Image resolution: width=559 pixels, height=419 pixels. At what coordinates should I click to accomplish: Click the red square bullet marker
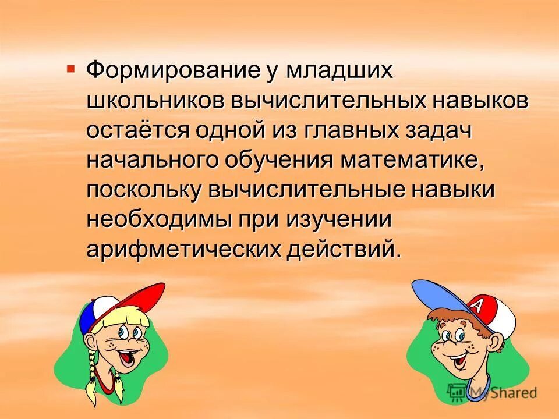71,69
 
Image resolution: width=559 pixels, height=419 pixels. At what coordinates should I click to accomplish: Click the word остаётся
138,131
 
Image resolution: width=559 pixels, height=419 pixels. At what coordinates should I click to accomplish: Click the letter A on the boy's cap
476,306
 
